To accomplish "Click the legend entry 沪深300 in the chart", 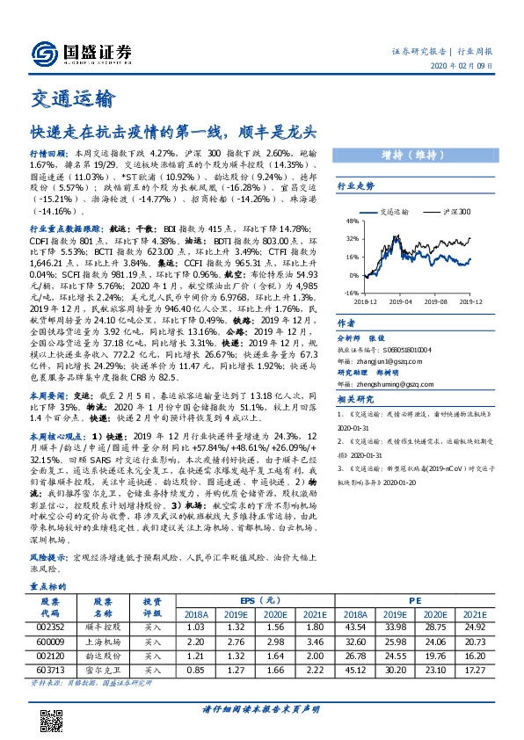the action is [x=455, y=212].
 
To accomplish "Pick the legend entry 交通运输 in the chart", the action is [x=401, y=212].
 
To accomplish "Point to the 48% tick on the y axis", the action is [x=353, y=222].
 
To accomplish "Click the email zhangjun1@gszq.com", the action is [x=390, y=360].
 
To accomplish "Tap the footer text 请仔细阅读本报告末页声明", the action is [x=262, y=709].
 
